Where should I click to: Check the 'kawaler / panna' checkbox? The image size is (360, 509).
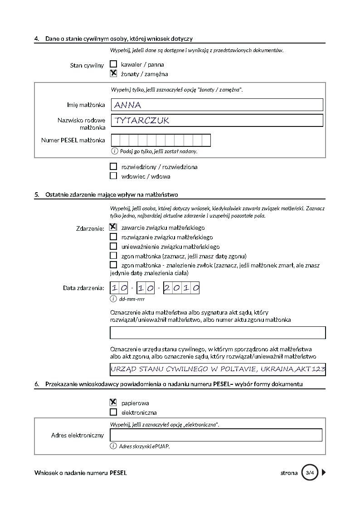(113, 64)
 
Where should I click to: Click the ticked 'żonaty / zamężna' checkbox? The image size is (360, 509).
(113, 73)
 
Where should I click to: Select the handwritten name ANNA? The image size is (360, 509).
(128, 105)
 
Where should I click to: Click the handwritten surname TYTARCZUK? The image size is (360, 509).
(142, 121)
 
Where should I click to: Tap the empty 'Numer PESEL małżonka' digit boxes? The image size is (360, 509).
(161, 140)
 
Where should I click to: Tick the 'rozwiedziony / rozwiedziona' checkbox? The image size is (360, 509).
(113, 166)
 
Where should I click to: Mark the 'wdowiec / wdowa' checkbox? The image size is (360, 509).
(113, 176)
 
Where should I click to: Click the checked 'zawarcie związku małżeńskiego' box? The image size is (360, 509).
(113, 227)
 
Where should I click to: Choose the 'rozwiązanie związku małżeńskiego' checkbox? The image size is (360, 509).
(113, 237)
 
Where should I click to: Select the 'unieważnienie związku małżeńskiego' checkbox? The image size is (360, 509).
(113, 246)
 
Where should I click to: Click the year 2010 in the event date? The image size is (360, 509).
(181, 288)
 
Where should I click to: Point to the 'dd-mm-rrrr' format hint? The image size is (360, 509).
(131, 299)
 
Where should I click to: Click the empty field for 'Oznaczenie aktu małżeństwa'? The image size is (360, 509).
(218, 333)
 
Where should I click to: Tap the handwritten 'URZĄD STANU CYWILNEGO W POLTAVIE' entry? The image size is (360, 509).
(218, 369)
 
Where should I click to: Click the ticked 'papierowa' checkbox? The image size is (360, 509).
(113, 402)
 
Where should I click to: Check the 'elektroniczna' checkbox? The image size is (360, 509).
(113, 412)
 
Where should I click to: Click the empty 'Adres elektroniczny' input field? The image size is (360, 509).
(216, 435)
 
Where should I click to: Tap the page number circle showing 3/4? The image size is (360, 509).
(310, 473)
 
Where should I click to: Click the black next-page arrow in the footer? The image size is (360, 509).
(324, 473)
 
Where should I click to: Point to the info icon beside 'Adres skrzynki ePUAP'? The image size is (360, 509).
(113, 446)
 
